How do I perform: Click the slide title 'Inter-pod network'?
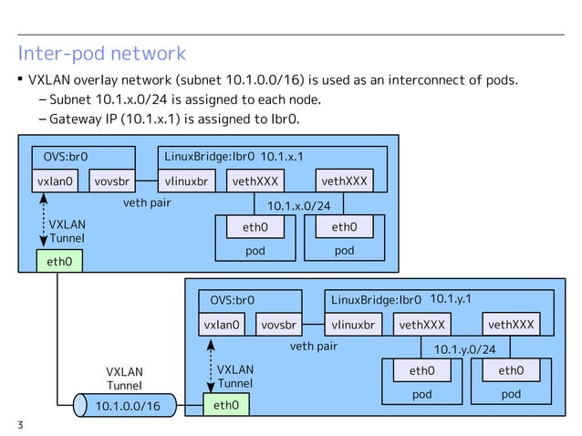tap(101, 53)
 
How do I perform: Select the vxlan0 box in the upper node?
tap(57, 181)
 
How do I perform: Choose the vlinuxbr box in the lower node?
tap(353, 325)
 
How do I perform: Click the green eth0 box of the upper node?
tap(57, 262)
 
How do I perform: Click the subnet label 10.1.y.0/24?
tap(464, 348)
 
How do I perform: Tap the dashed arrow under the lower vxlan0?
tap(212, 365)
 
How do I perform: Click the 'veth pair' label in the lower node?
tap(313, 347)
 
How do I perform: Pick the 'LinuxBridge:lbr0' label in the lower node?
tap(376, 300)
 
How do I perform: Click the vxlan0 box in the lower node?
tap(222, 325)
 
